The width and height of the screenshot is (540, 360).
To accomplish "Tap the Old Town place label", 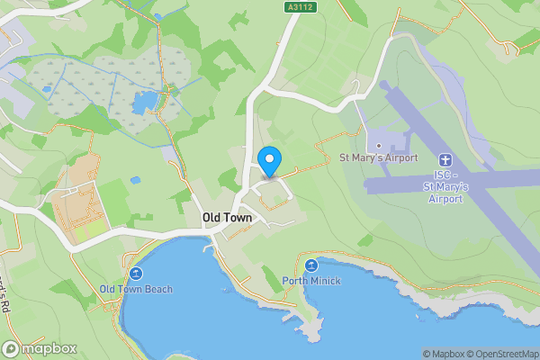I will (227, 218).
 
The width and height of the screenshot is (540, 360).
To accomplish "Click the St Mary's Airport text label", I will (378, 158).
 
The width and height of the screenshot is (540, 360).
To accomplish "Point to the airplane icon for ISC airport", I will (447, 158).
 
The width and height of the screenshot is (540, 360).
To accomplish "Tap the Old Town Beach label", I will (136, 289).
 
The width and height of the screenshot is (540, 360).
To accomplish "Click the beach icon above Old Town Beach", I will (136, 273).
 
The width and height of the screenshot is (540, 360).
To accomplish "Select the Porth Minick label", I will (311, 281).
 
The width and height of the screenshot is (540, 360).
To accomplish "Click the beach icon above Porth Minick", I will (311, 265).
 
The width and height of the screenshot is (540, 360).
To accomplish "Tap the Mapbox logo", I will (38, 348).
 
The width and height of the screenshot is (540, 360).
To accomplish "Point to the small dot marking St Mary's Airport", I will (379, 146).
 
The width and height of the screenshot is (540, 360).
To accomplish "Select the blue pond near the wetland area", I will (144, 102).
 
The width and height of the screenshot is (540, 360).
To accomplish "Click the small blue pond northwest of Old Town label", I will (135, 180).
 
